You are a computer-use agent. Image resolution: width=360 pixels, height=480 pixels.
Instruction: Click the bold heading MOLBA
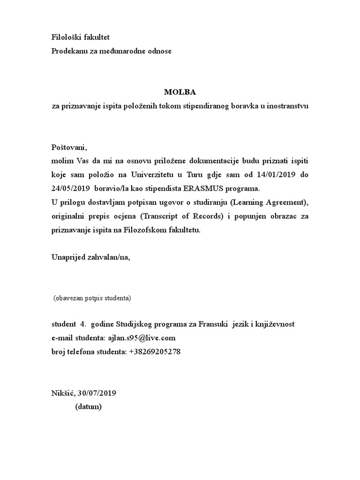point(180,92)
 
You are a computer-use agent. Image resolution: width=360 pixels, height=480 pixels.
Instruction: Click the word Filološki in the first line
point(67,37)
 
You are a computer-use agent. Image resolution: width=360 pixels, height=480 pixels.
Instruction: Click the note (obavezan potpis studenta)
point(92,298)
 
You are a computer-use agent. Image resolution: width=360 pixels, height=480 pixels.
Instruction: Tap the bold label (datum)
point(88,406)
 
